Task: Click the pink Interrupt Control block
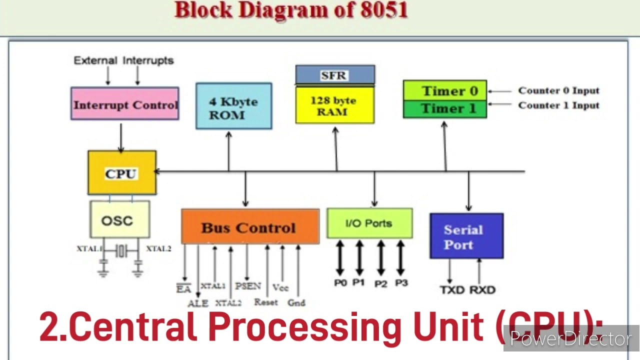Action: [124, 104]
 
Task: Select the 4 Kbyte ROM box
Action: [233, 106]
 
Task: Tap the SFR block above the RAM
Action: [334, 75]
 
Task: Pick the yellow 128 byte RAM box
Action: [334, 105]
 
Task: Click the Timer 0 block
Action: [444, 90]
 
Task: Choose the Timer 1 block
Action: [444, 109]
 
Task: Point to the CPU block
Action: [121, 173]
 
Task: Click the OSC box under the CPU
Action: [119, 220]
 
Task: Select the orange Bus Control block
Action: [249, 227]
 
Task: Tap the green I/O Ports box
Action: [369, 223]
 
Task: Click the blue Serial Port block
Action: [466, 236]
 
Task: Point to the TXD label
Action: [452, 290]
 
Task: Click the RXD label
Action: [482, 290]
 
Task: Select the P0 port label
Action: [340, 283]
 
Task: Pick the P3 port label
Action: [401, 283]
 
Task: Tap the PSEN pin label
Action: [248, 286]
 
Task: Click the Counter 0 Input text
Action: [558, 90]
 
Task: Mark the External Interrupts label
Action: [123, 60]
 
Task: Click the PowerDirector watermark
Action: [570, 339]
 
